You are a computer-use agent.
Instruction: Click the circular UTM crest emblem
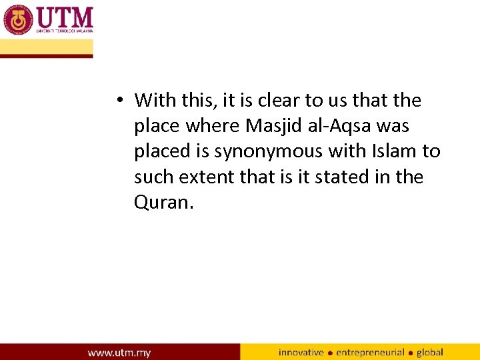coord(19,19)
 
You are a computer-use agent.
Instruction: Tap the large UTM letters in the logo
coord(65,16)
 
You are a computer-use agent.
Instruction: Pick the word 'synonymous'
coord(269,151)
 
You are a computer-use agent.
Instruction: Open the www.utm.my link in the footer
coord(120,352)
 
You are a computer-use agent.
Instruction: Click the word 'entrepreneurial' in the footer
coord(370,352)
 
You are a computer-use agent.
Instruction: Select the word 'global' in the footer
coord(430,352)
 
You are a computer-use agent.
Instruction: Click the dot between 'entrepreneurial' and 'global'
coord(411,353)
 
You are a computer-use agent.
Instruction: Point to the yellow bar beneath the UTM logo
coord(47,47)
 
